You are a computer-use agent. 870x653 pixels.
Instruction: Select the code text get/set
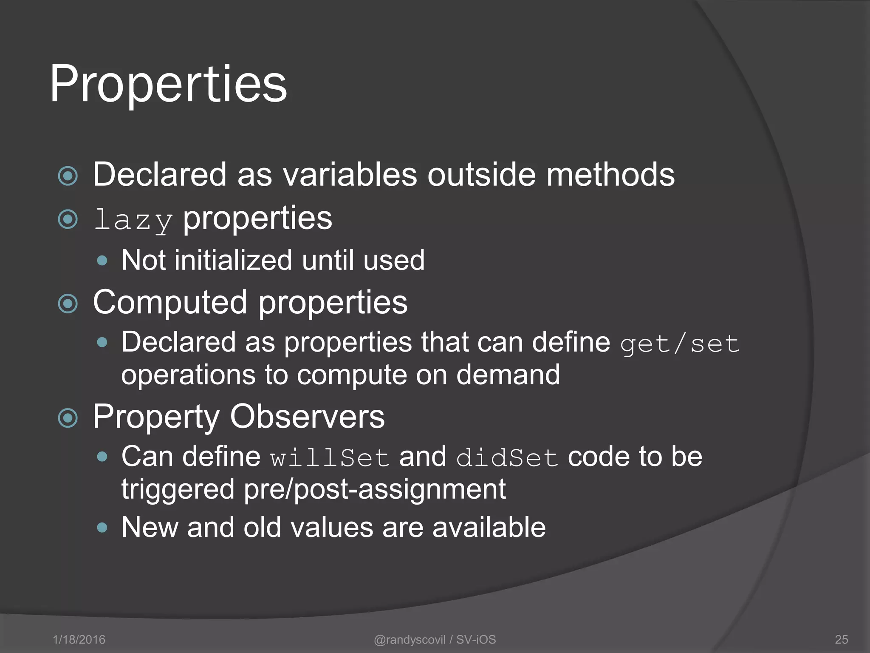coord(680,344)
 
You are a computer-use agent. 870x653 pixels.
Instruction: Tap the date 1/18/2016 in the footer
coord(79,639)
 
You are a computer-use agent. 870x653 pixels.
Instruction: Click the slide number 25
coord(841,639)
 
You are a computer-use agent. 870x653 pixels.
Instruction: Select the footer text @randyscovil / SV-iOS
coord(435,639)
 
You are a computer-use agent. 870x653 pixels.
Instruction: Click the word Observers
coord(307,417)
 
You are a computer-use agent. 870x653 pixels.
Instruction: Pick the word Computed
coord(170,303)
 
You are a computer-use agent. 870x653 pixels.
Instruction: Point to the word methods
coord(610,174)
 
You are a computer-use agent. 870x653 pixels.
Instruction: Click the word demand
coord(508,375)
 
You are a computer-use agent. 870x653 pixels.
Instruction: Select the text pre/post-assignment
coord(375,489)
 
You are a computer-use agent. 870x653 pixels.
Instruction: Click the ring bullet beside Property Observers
coord(68,418)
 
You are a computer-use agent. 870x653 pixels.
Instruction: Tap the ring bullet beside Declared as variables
coord(68,176)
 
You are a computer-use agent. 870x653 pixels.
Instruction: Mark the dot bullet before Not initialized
coord(102,261)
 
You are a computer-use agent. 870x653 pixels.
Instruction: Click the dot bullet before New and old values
coord(102,528)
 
